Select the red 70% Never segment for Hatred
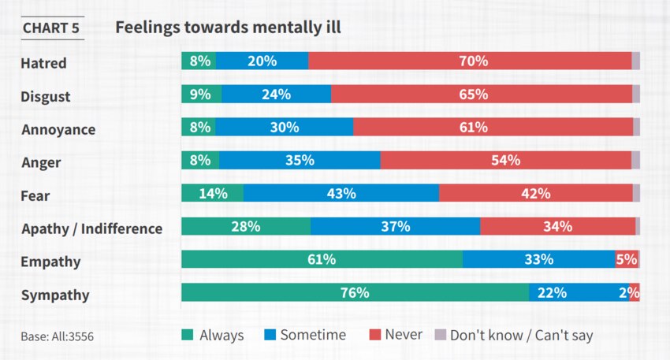[x=470, y=61]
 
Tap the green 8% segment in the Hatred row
[x=199, y=61]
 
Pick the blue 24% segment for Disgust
[x=276, y=95]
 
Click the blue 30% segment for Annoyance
[x=284, y=128]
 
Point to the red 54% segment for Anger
[x=505, y=161]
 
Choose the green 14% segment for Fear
[x=212, y=194]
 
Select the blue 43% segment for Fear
[x=341, y=194]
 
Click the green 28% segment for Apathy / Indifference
[x=246, y=227]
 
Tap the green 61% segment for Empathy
[x=322, y=260]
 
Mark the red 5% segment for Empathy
[x=626, y=260]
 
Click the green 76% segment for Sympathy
[x=355, y=293]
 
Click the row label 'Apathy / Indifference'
[x=91, y=229]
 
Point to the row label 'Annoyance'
[x=58, y=130]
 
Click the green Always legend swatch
[x=188, y=335]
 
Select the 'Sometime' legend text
[x=313, y=335]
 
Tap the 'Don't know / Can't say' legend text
[x=521, y=336]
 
